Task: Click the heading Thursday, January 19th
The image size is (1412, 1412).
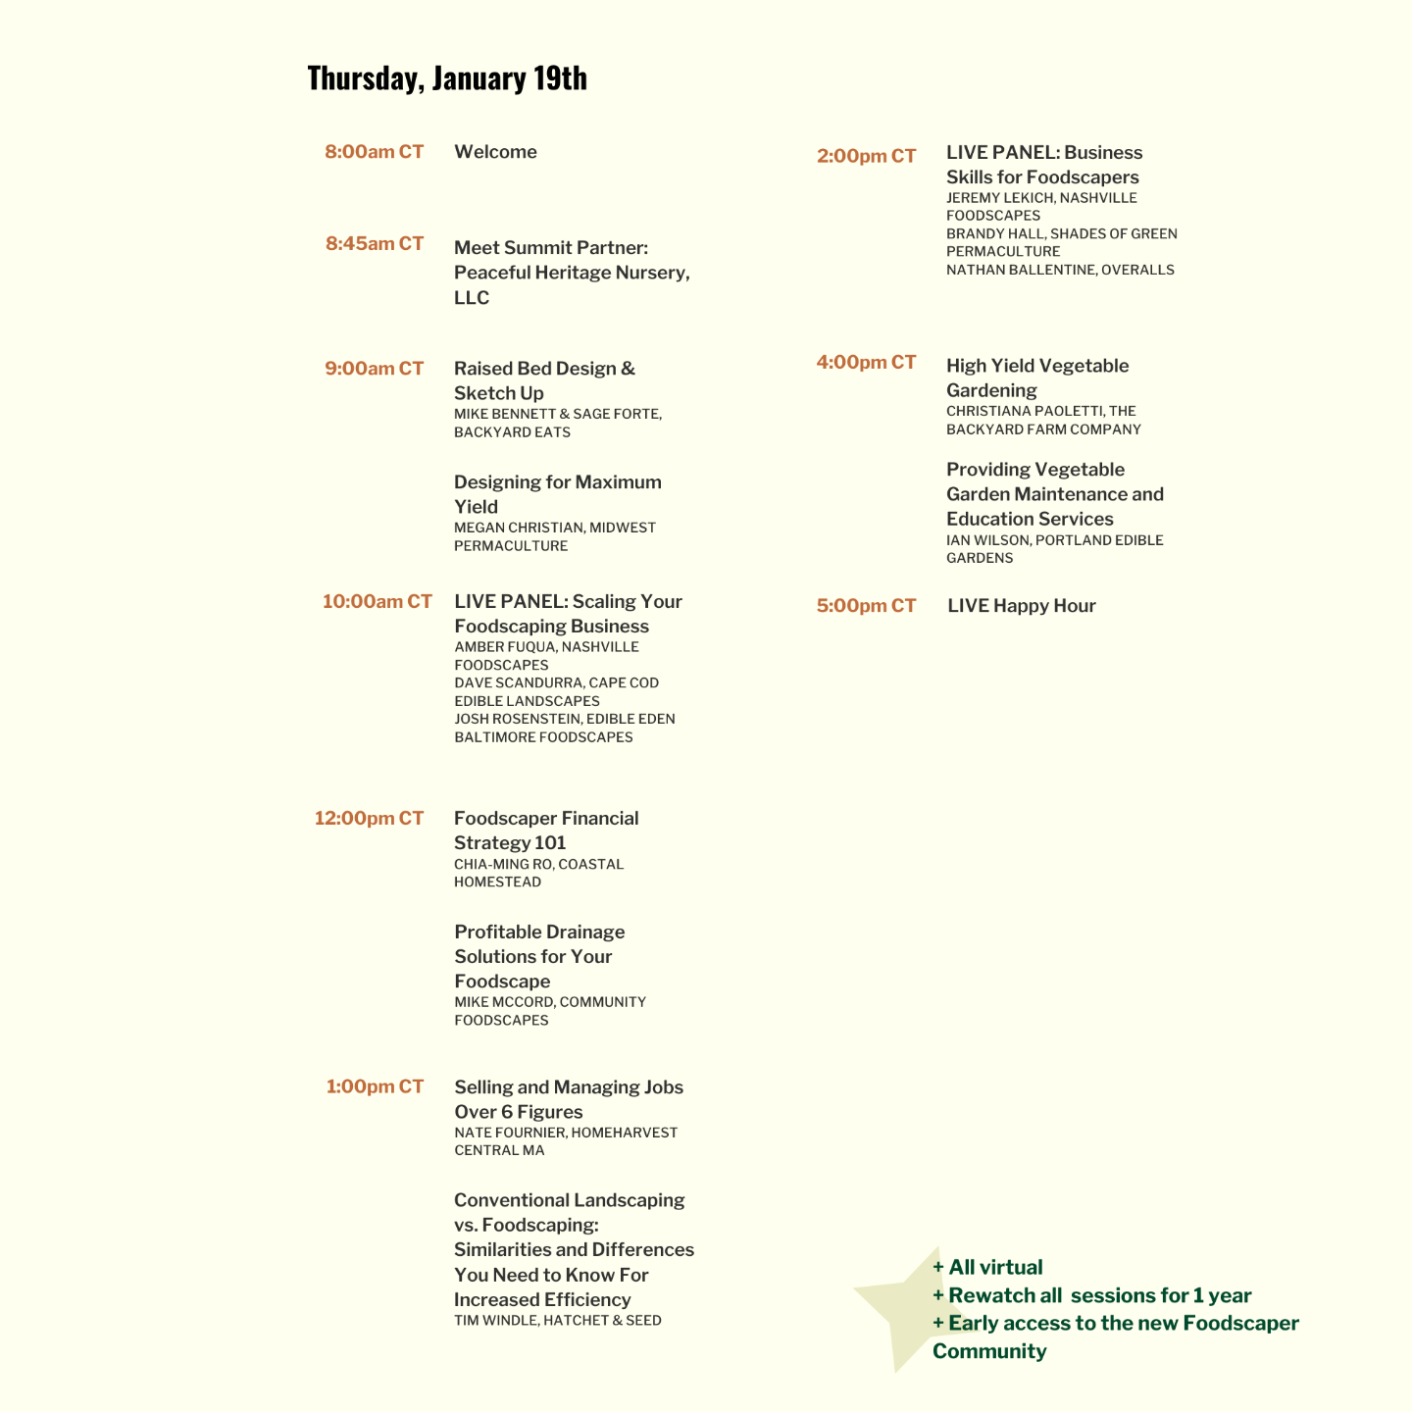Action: (447, 78)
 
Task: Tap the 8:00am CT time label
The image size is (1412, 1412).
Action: (374, 152)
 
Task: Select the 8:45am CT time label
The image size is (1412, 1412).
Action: (375, 243)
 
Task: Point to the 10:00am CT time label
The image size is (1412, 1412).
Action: (377, 601)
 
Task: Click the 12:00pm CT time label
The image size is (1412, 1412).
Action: (369, 818)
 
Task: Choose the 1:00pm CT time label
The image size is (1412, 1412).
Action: (375, 1086)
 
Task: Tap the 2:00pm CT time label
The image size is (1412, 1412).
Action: (866, 156)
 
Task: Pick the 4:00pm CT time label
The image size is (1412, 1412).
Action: (866, 362)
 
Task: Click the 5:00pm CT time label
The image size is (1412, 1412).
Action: (866, 606)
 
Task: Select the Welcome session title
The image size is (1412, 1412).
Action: (495, 152)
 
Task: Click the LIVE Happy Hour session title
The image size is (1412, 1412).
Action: (1021, 606)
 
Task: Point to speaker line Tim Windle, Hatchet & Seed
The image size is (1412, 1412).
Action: (557, 1321)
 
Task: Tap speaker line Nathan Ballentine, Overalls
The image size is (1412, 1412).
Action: (1059, 270)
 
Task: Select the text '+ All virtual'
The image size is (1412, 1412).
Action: (987, 1267)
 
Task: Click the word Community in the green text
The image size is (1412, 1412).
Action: (989, 1351)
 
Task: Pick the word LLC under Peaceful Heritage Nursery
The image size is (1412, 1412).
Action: (472, 298)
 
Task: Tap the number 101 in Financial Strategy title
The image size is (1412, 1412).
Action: (550, 843)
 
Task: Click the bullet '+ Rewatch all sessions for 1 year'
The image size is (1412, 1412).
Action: (1091, 1295)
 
